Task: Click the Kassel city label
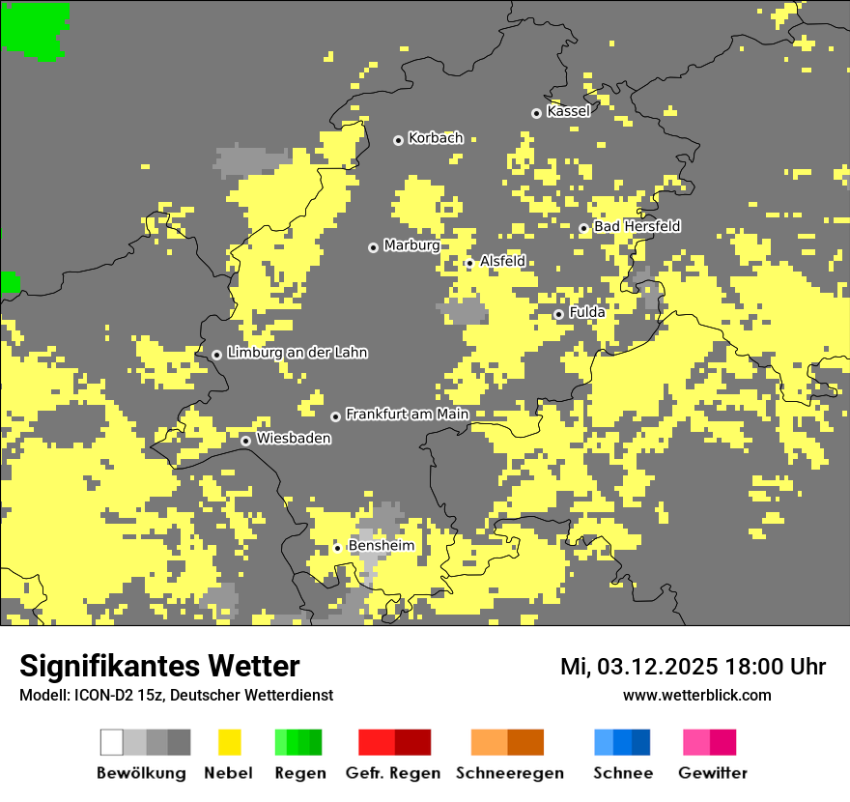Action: coord(568,111)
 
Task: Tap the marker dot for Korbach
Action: coord(398,140)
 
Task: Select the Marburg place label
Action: coord(411,245)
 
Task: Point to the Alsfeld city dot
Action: coord(469,263)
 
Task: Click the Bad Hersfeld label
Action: coord(637,226)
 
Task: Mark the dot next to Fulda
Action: coord(558,314)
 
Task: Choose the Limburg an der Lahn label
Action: coord(297,353)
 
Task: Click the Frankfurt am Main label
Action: coord(407,415)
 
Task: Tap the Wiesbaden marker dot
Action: coord(246,441)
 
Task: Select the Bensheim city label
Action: coord(381,546)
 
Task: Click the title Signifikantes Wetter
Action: coord(159,666)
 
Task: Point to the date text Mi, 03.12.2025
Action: coord(638,667)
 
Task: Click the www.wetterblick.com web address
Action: coord(696,695)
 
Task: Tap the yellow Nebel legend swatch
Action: coord(229,742)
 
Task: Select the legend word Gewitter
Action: coord(712,773)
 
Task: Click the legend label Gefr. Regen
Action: coord(393,773)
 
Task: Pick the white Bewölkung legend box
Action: coord(112,742)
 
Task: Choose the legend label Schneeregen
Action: coord(509,773)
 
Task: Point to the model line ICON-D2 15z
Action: coord(176,695)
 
